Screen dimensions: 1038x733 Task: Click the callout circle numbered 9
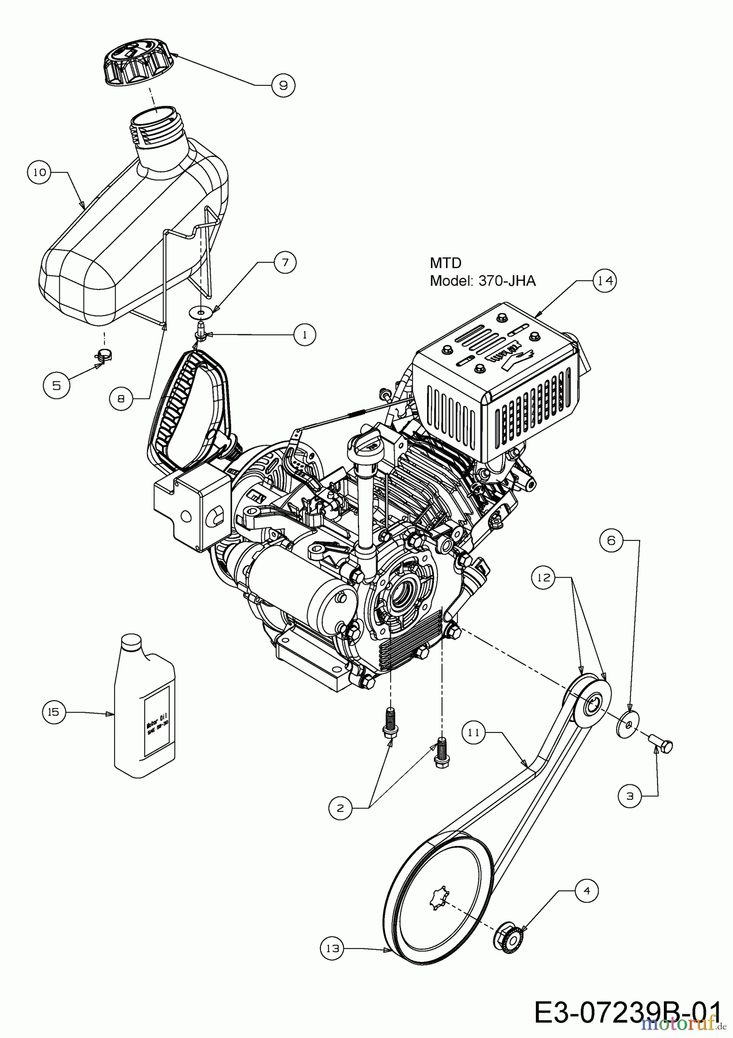pos(282,85)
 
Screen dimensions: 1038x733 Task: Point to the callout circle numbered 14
pos(603,281)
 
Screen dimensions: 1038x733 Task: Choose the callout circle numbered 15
pos(53,712)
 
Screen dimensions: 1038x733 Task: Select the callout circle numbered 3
pos(630,796)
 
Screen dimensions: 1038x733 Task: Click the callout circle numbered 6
pos(611,540)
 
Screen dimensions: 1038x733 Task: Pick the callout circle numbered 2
pos(341,808)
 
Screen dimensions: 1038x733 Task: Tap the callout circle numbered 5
pos(56,385)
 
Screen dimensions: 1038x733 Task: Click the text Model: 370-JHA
pos(483,281)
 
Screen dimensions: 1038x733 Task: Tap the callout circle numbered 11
pos(474,733)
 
